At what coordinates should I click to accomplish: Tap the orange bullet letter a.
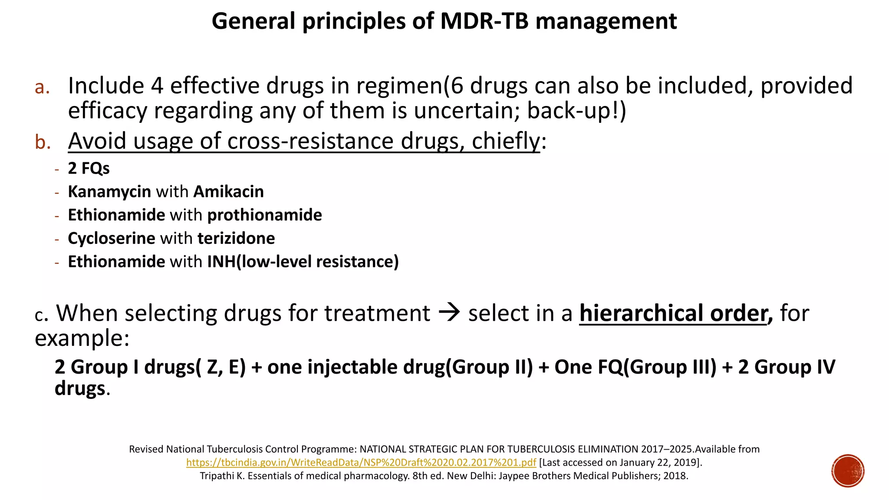pyautogui.click(x=42, y=87)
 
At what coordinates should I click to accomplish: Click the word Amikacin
pyautogui.click(x=228, y=192)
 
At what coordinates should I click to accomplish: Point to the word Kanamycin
pyautogui.click(x=109, y=192)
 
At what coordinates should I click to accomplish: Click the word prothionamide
pyautogui.click(x=264, y=215)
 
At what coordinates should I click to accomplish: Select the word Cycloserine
pyautogui.click(x=112, y=239)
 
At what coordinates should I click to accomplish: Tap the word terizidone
pyautogui.click(x=236, y=239)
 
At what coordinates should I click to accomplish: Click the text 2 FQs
pyautogui.click(x=89, y=168)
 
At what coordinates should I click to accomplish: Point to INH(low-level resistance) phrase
pyautogui.click(x=303, y=262)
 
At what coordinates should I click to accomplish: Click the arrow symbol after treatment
pyautogui.click(x=449, y=313)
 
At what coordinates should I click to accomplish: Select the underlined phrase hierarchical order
pyautogui.click(x=673, y=313)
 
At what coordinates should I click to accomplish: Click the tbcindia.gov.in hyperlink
pyautogui.click(x=361, y=463)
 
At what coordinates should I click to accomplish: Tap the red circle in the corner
pyautogui.click(x=848, y=471)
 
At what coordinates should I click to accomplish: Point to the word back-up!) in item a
pyautogui.click(x=576, y=111)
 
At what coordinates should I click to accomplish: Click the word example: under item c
pyautogui.click(x=82, y=338)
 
